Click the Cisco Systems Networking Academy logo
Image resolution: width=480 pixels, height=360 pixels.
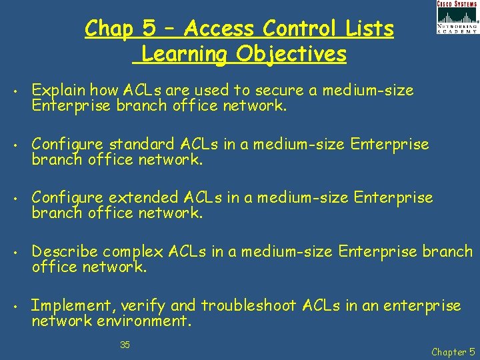tap(457, 17)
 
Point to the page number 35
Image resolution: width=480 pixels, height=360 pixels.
tap(125, 345)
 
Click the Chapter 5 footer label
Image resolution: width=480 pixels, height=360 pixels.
tap(453, 351)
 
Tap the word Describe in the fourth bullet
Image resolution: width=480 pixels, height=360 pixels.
tap(65, 252)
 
